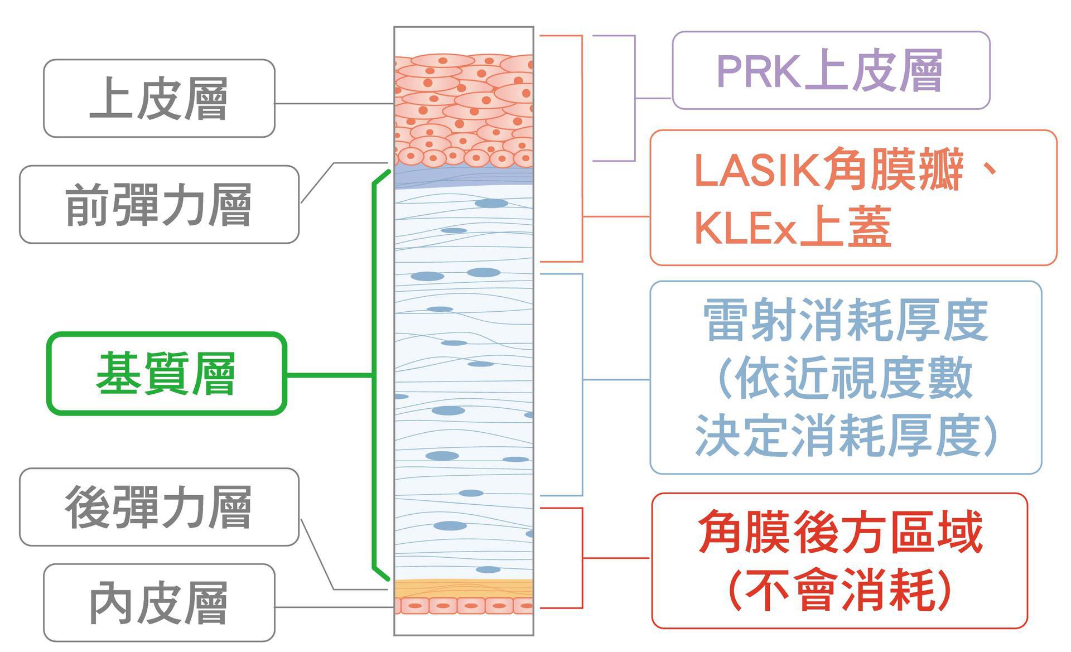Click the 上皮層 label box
coord(159,98)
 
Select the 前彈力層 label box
coord(159,204)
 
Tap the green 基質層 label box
coord(166,374)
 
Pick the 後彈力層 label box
coord(159,506)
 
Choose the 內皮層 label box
coord(159,602)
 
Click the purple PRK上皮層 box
coord(831,70)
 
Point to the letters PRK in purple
coord(758,71)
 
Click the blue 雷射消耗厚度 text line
coord(845,321)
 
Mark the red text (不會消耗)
coord(840,590)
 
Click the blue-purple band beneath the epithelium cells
coord(464,176)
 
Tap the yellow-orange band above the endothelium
coord(464,588)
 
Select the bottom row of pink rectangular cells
coord(464,605)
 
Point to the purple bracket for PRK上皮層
coord(635,98)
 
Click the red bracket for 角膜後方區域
coord(582,558)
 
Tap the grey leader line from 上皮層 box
coord(335,104)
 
